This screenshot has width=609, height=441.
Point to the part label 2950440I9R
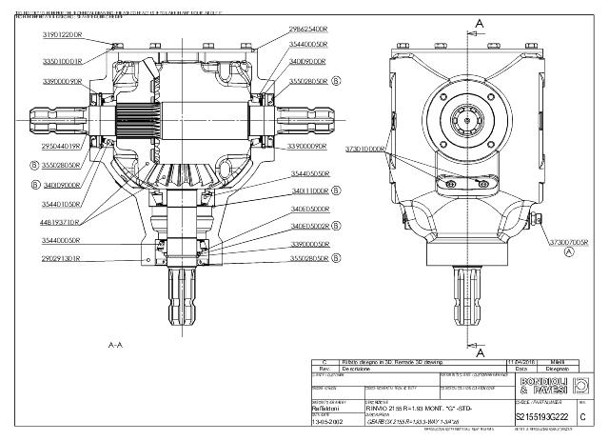click(x=59, y=147)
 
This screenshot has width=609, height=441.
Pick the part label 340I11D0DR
click(x=308, y=190)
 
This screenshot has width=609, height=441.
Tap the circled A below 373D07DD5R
click(x=569, y=253)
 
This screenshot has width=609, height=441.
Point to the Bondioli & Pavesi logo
click(x=541, y=387)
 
